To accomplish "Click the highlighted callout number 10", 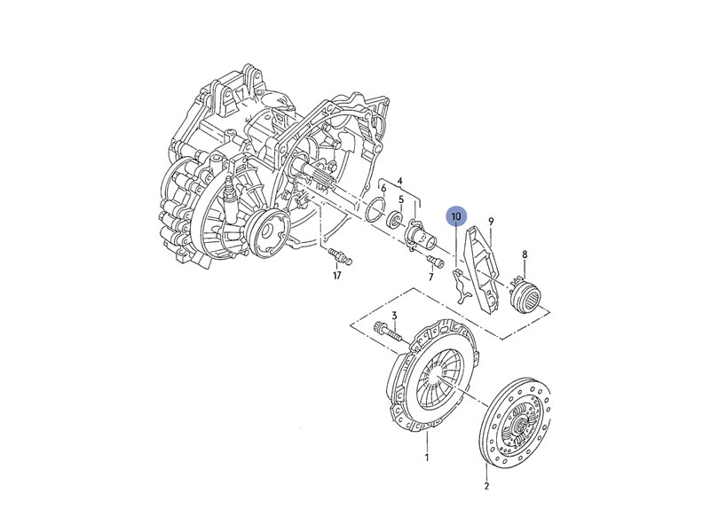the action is tap(456, 216).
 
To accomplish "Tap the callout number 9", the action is tap(491, 221).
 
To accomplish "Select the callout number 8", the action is tap(525, 254).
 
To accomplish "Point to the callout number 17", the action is tap(337, 275).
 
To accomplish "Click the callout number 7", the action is tap(430, 277).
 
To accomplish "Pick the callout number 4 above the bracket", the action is tap(400, 182).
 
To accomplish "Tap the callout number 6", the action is tap(383, 188).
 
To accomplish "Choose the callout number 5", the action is tap(401, 199).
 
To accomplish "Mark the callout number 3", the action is tap(394, 316).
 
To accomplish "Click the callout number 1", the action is tap(427, 458).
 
